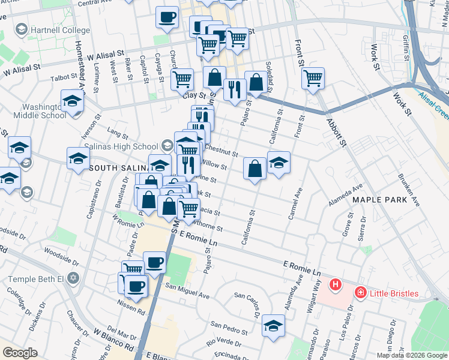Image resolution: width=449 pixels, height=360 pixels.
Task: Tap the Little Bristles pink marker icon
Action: coord(360,293)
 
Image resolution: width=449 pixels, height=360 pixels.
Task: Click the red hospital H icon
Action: coord(336,284)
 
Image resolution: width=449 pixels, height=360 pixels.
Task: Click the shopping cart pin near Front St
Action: coord(313,78)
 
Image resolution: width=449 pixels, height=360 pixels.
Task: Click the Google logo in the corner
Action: coord(20,353)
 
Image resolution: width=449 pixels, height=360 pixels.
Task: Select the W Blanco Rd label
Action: coord(113,340)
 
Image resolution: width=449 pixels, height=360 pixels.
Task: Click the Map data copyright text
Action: coord(411,355)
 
